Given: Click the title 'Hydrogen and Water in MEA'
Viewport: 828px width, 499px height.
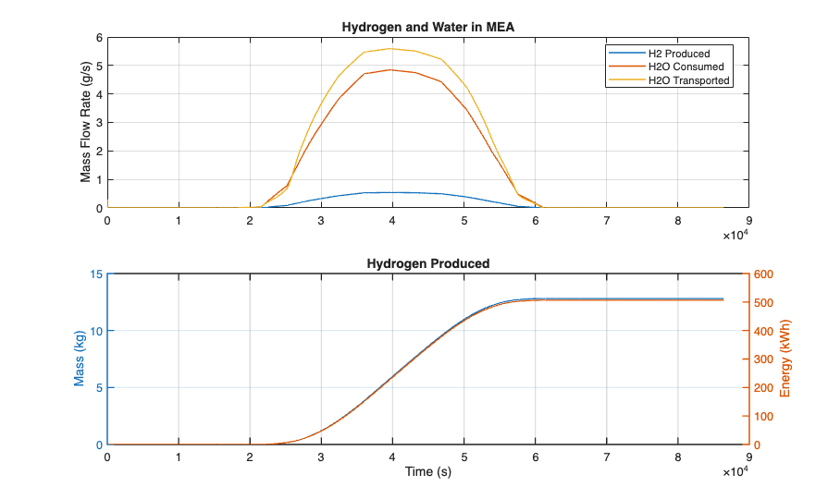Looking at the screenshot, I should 427,27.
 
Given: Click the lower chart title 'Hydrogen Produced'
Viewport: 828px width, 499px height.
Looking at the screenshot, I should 427,263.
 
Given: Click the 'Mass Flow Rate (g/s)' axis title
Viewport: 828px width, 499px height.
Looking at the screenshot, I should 86,123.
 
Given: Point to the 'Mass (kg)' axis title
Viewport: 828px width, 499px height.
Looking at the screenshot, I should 80,359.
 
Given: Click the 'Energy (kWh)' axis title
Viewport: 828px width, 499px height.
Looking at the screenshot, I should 785,359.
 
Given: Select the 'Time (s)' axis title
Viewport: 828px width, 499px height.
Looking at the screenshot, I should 427,472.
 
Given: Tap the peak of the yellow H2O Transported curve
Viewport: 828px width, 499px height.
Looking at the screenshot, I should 392,48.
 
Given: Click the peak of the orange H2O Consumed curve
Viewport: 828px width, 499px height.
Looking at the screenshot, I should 392,69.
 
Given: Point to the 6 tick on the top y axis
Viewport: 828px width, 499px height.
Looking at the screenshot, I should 99,38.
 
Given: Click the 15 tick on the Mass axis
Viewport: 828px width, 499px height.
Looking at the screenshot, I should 96,274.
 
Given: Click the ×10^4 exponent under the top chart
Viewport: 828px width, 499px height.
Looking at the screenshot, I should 735,235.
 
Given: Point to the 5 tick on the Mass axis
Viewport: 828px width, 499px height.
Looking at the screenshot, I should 99,388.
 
